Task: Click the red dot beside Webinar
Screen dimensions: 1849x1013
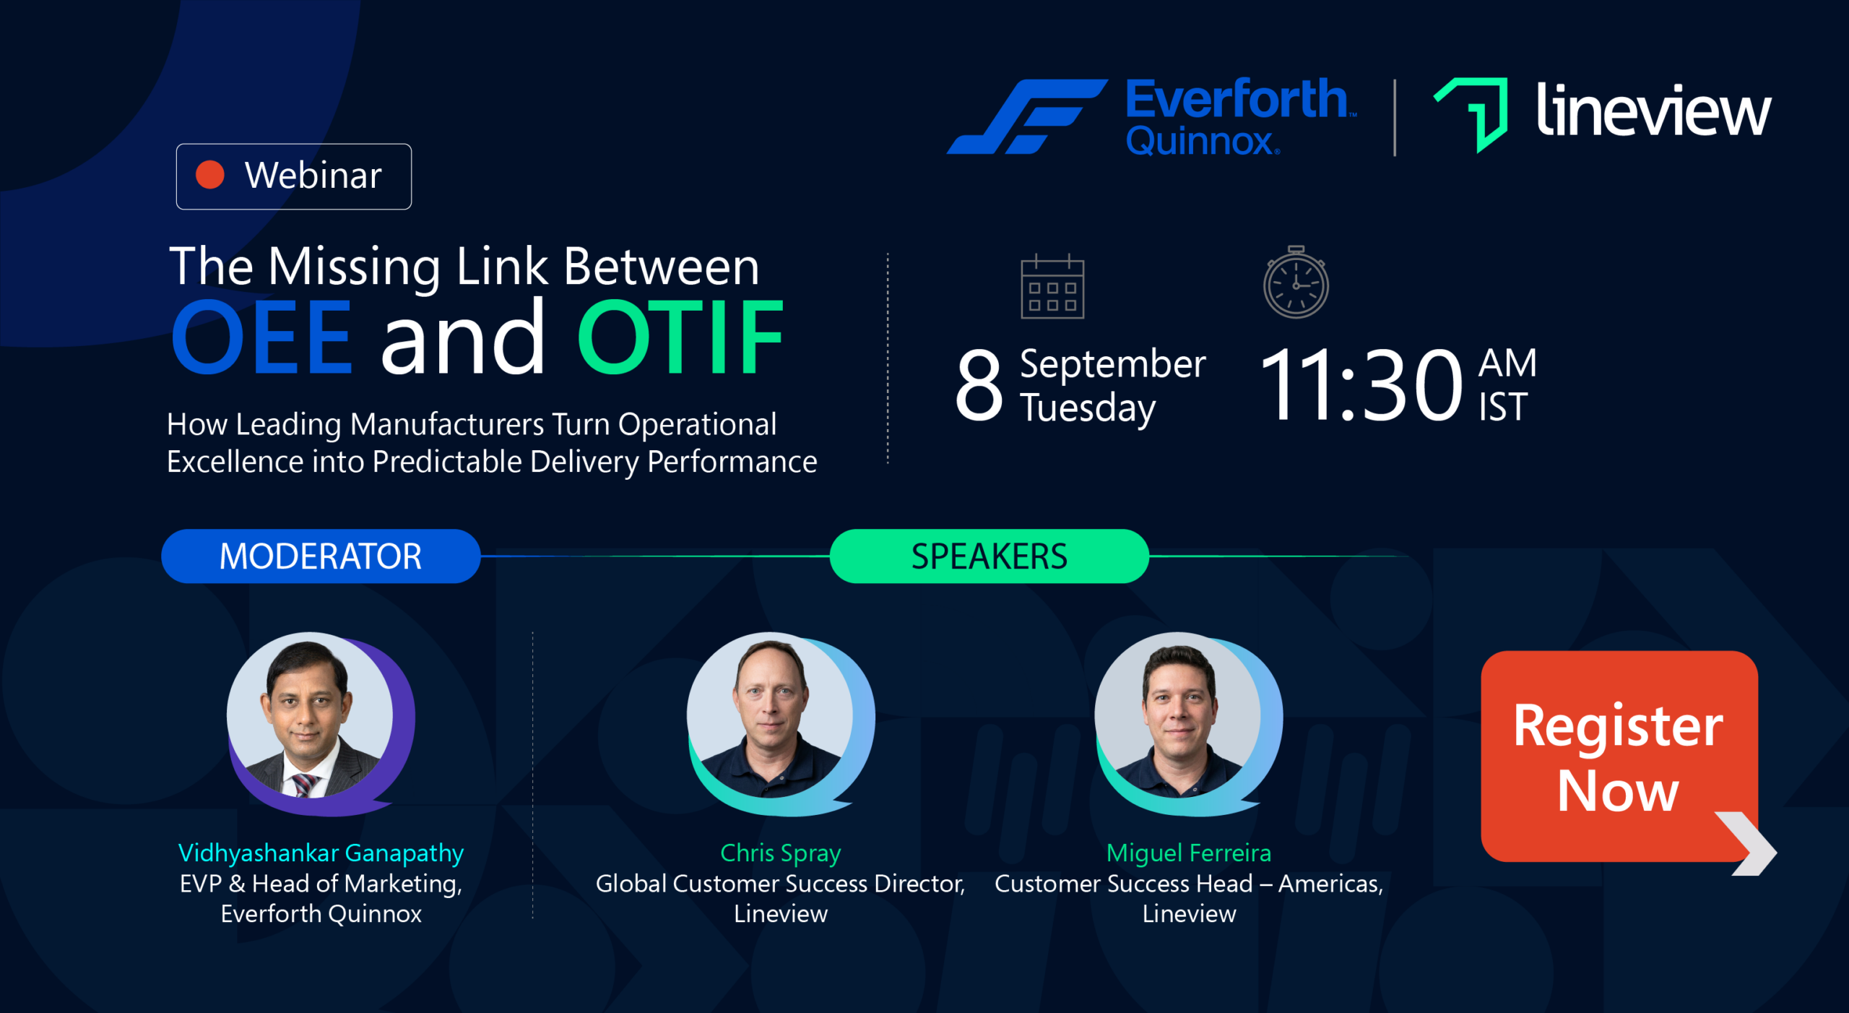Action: tap(210, 175)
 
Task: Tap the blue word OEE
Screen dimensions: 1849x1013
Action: tap(261, 337)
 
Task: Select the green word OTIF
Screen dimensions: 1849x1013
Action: tap(680, 337)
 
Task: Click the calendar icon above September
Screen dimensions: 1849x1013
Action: tap(1052, 287)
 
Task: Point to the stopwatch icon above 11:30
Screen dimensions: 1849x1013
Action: tap(1296, 282)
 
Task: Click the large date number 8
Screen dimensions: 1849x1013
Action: tap(979, 385)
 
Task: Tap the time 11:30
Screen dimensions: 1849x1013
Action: tap(1362, 384)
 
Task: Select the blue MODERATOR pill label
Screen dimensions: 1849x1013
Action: tap(321, 556)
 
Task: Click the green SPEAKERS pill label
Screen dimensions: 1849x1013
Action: tap(990, 556)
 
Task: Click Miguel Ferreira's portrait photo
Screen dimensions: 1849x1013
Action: tap(1178, 715)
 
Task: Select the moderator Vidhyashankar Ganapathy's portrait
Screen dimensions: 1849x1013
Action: tap(310, 715)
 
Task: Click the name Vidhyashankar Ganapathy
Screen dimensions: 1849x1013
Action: tap(321, 853)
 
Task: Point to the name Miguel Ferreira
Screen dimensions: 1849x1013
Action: tap(1189, 853)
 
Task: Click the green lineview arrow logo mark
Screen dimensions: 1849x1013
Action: tap(1471, 115)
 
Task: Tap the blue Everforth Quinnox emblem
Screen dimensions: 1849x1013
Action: tap(1027, 116)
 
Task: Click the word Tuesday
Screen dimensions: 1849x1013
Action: tap(1088, 408)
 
